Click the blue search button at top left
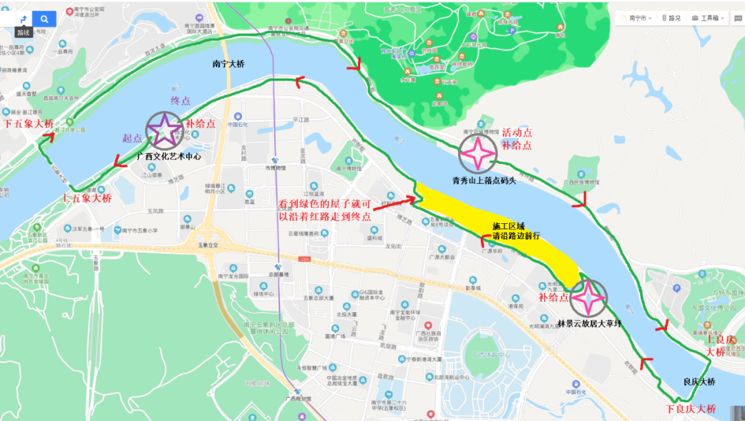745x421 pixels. point(44,19)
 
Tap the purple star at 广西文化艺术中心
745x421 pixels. point(163,130)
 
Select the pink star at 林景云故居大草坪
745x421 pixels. point(588,298)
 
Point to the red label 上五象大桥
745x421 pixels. point(87,198)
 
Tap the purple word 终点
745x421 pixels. point(181,99)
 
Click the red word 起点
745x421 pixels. point(132,138)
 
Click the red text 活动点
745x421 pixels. point(517,132)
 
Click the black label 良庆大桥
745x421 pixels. point(699,382)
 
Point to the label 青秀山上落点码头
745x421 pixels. point(484,181)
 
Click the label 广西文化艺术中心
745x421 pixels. point(169,156)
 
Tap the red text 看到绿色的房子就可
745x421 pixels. point(325,204)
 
